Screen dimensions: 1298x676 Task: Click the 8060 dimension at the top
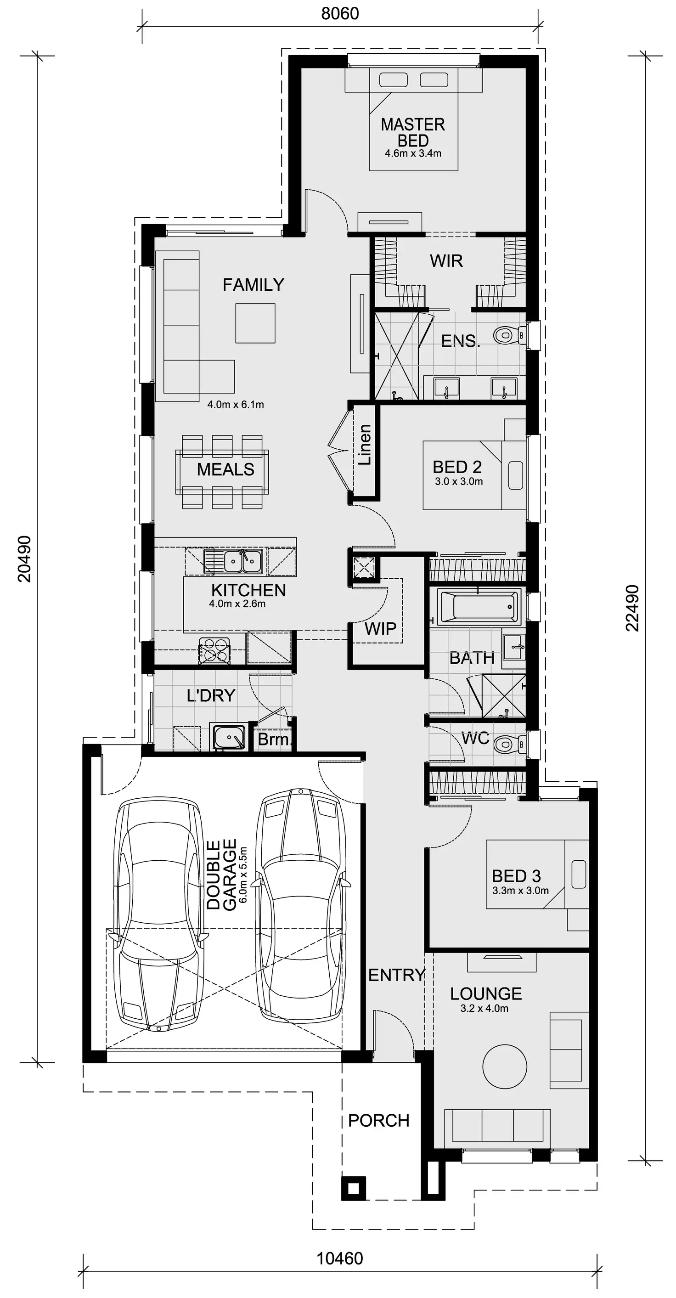tap(340, 14)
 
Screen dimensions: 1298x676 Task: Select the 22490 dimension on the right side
tap(632, 608)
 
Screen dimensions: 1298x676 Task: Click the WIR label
tap(446, 261)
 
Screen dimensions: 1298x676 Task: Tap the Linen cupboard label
tap(365, 445)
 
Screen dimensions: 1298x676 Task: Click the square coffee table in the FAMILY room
tap(255, 323)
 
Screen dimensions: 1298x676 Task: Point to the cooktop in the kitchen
tap(214, 649)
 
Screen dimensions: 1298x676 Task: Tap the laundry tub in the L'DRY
tap(229, 738)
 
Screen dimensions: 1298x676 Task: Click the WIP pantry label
tap(380, 628)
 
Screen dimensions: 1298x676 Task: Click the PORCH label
tap(379, 1121)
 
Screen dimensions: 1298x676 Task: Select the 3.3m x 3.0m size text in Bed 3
tap(520, 890)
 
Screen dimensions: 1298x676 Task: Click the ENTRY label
tap(396, 975)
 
